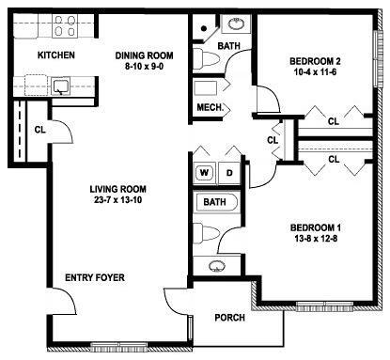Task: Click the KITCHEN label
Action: click(55, 55)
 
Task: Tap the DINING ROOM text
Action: click(147, 55)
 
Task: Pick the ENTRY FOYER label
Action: click(94, 277)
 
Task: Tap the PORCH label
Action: click(230, 318)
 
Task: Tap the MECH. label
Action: click(210, 108)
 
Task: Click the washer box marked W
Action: click(204, 173)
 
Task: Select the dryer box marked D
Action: click(228, 173)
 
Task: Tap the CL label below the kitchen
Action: click(39, 130)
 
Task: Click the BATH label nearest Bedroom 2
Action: click(228, 45)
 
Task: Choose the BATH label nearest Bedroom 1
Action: click(215, 202)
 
